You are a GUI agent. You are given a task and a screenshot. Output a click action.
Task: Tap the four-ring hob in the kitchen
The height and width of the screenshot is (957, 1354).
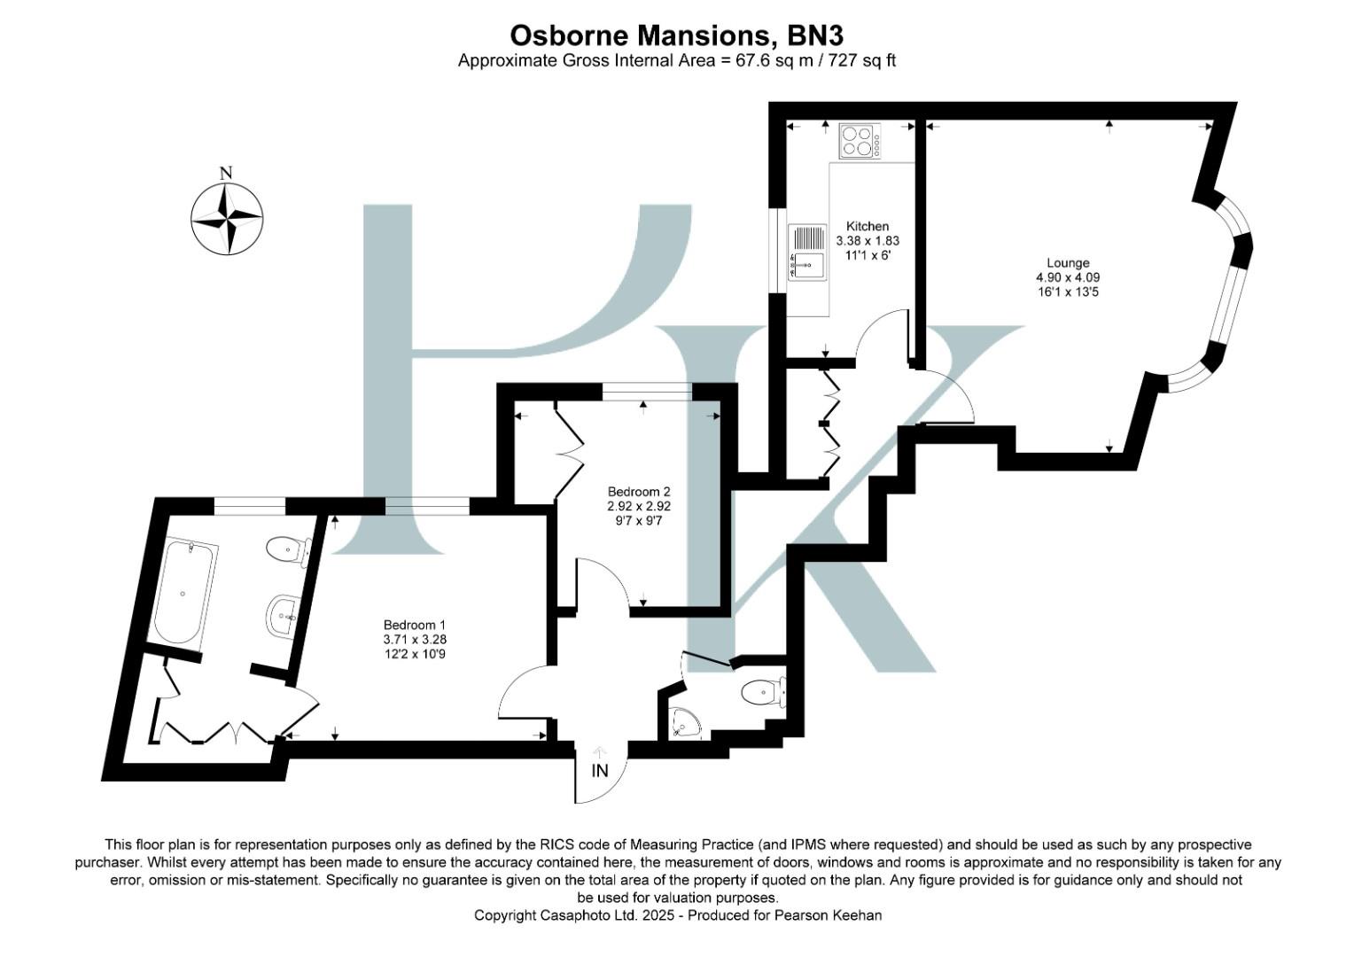[x=860, y=141]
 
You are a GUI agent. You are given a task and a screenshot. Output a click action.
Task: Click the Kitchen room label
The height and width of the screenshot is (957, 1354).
[x=867, y=226]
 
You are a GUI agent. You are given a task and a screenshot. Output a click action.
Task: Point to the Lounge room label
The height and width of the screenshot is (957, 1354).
[x=1068, y=262]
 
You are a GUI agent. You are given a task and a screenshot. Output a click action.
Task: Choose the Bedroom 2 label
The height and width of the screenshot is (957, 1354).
[x=639, y=492]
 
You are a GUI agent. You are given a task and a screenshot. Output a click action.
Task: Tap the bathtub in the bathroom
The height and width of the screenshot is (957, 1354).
[x=185, y=592]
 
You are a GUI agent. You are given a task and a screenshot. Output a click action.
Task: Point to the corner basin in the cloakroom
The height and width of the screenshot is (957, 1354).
[x=684, y=724]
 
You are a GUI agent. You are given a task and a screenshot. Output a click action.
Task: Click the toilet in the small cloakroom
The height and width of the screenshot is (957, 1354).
[x=763, y=691]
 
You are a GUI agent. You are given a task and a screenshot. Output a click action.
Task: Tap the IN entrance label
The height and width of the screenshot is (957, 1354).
[x=600, y=770]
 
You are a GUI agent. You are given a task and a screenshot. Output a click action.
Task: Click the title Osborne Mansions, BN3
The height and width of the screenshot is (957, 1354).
[x=676, y=35]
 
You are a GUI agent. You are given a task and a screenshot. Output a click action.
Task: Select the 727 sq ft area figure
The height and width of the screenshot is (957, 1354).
[x=861, y=61]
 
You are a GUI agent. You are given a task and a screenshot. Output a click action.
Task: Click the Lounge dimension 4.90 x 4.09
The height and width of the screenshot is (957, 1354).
[x=1068, y=276]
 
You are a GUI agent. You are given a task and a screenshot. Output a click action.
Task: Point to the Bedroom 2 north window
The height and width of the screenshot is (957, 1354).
[x=647, y=391]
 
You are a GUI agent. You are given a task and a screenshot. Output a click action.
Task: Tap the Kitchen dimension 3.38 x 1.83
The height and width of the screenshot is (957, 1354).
[x=868, y=240]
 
